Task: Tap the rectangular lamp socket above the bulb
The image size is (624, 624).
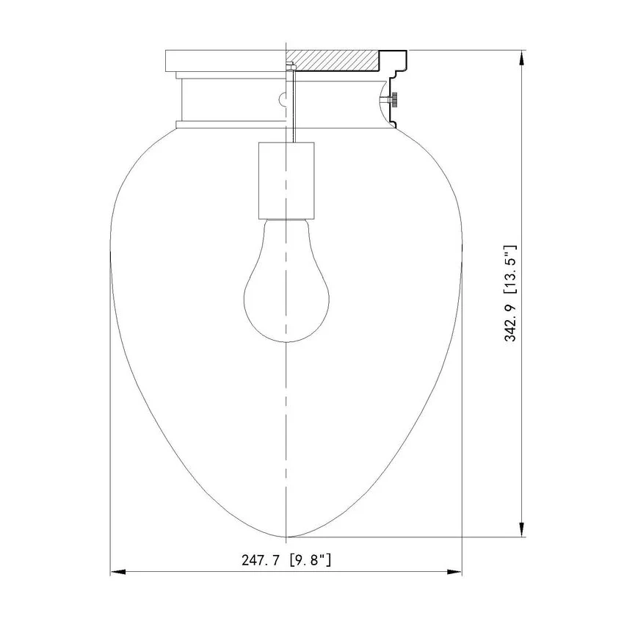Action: [x=286, y=181]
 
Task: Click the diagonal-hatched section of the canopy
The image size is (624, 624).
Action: [x=333, y=61]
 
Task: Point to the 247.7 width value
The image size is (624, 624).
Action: [x=261, y=560]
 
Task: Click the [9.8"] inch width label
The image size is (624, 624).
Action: [x=311, y=560]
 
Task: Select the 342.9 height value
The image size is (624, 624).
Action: [x=511, y=322]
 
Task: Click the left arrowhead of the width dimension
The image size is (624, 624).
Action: [x=118, y=572]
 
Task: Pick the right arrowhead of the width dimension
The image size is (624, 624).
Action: [x=454, y=572]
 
